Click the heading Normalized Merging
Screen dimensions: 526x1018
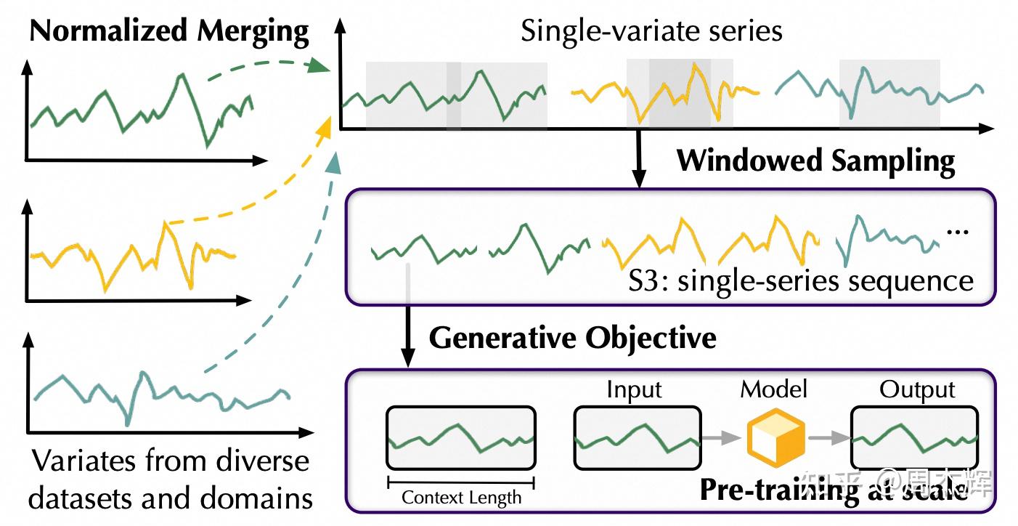pos(170,31)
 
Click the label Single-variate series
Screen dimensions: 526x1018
pos(651,31)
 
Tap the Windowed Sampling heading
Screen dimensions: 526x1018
pos(815,161)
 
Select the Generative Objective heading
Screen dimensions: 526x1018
pos(572,338)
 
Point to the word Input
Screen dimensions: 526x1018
pos(635,390)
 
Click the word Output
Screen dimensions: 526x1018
pos(917,390)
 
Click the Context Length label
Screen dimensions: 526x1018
pos(461,498)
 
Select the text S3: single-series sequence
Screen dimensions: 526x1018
pos(800,280)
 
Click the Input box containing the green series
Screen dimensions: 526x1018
pos(638,438)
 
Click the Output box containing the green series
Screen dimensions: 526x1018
pos(915,438)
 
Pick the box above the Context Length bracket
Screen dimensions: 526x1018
pos(461,438)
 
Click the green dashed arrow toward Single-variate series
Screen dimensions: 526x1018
pos(265,69)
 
